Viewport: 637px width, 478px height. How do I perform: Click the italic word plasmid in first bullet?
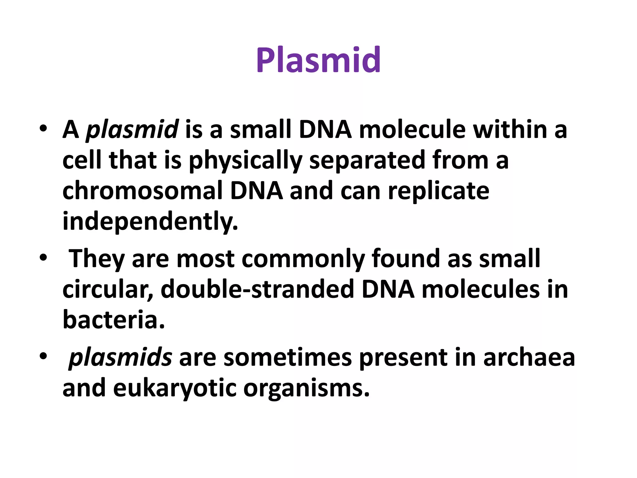click(132, 130)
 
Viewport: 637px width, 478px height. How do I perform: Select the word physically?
click(245, 161)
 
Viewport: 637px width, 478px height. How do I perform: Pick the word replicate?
click(438, 191)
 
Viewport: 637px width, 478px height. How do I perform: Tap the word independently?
click(150, 221)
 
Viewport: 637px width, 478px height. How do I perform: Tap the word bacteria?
click(113, 320)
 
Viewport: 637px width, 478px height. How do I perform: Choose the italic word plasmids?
click(120, 358)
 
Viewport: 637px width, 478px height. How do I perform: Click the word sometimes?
click(288, 357)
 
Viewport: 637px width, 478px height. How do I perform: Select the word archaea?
click(529, 357)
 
